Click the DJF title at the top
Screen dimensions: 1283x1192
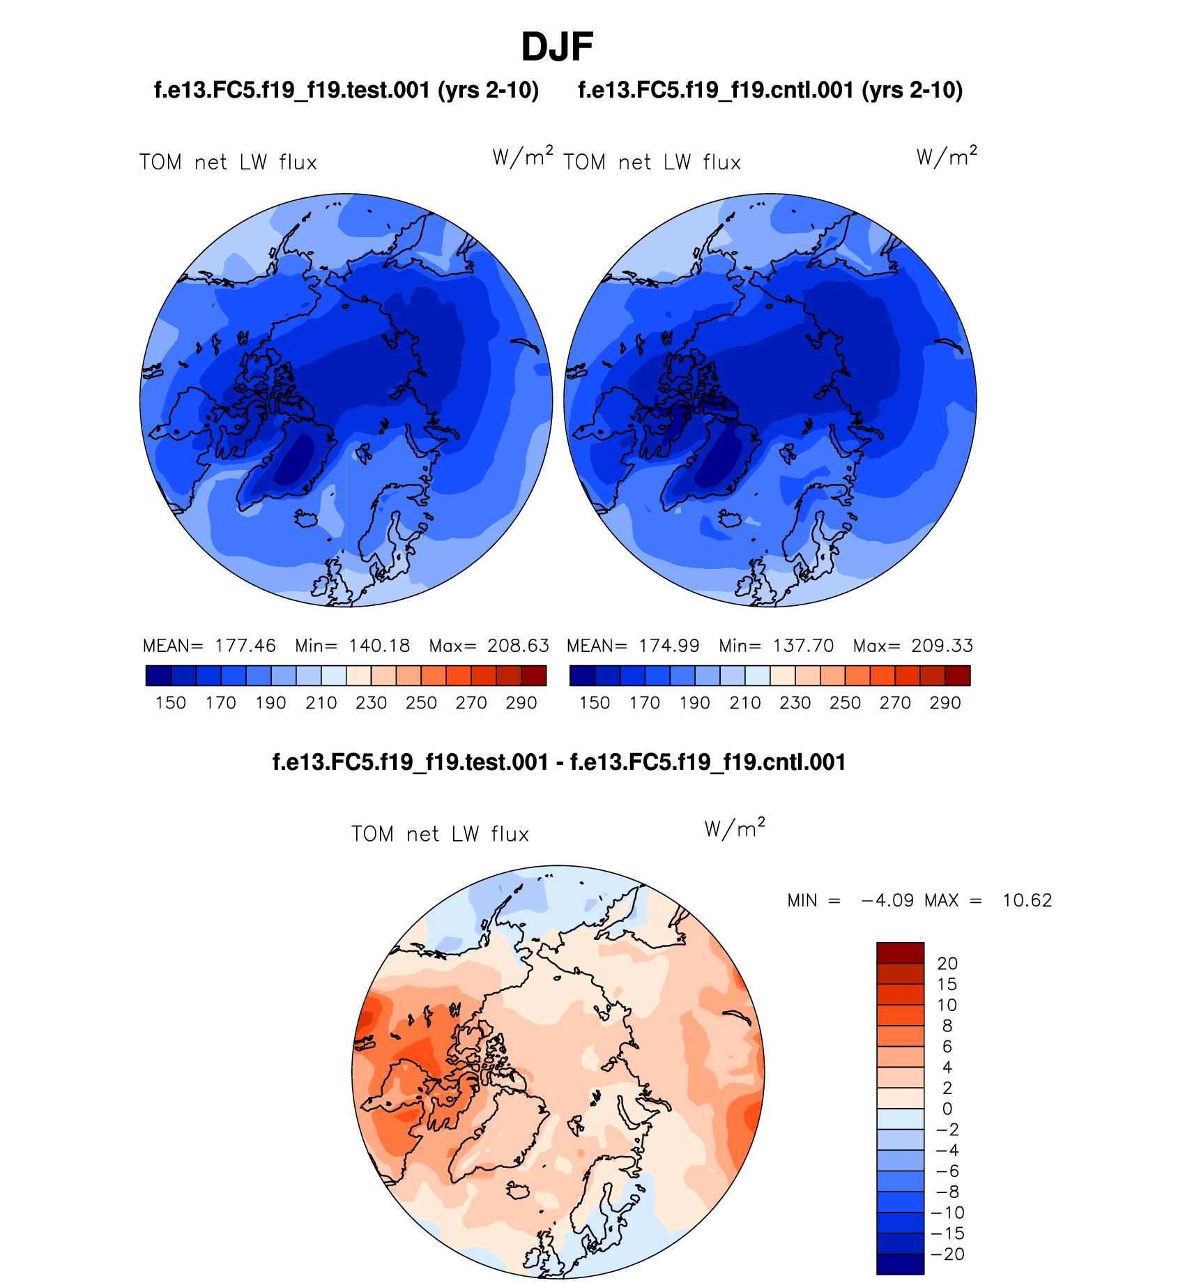pos(556,47)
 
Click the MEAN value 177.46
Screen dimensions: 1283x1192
pos(245,646)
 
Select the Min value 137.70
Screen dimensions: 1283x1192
pos(803,646)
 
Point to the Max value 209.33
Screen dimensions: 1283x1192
pos(942,646)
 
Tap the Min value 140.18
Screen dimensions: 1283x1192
pos(379,646)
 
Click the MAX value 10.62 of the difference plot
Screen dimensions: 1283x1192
pos(1027,900)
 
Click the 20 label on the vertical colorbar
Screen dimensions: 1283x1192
pos(947,964)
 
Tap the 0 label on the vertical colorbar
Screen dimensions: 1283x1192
pos(947,1109)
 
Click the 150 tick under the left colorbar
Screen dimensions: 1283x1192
pos(171,703)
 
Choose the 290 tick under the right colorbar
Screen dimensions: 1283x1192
pos(945,703)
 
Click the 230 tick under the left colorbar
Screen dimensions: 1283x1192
pos(371,703)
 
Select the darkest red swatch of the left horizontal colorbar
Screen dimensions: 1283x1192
pos(534,676)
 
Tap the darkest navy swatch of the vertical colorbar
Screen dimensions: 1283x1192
pos(900,1263)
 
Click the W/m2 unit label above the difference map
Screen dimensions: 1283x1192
pos(735,828)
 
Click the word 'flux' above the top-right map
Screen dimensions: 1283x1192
pos(721,162)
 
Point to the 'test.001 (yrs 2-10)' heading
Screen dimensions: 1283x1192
pos(346,91)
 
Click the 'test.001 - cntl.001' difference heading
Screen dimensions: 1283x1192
pos(558,762)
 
